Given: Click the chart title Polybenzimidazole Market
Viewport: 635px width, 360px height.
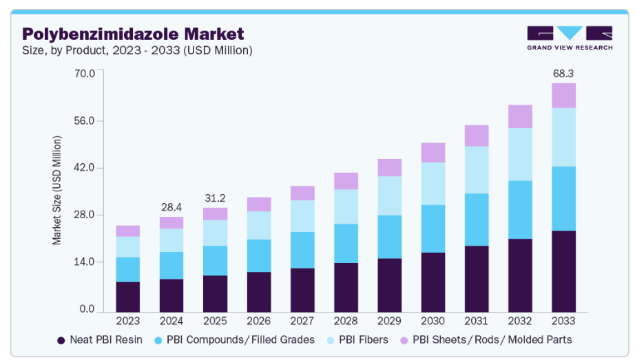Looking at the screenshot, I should tap(133, 34).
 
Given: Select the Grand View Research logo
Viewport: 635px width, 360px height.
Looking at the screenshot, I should tap(569, 38).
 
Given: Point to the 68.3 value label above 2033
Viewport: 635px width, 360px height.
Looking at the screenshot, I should tap(563, 73).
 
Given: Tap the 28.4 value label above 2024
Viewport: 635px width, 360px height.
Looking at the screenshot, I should tap(171, 207).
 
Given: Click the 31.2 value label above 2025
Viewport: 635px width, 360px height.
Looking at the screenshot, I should tap(215, 198).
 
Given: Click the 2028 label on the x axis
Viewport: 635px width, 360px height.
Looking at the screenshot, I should tap(346, 321).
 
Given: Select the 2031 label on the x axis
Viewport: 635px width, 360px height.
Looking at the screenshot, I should tap(477, 321).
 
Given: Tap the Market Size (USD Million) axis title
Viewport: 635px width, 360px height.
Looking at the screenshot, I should tap(57, 191).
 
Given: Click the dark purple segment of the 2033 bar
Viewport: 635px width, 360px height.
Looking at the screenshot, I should tap(563, 271).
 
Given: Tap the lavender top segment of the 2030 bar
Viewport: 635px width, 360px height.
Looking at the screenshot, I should tap(433, 153).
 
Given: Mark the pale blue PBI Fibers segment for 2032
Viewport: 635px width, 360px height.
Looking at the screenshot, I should tap(520, 154).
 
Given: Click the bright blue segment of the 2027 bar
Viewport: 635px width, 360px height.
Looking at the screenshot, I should tap(302, 250).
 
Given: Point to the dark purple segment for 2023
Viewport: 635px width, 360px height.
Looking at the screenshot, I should tap(128, 297).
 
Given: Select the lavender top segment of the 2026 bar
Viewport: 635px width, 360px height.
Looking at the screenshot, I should tap(259, 204).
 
